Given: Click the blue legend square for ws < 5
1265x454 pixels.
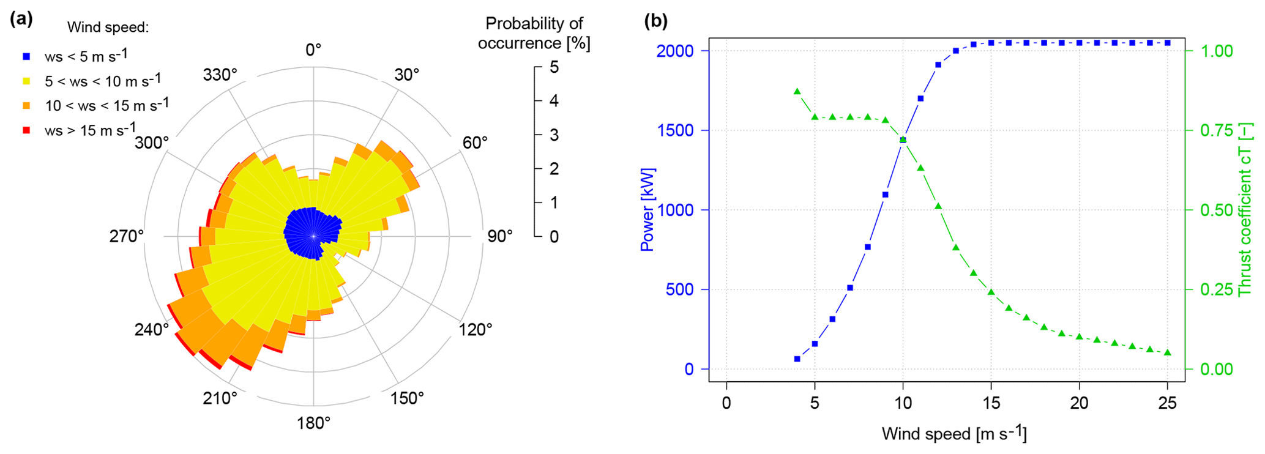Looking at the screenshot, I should coord(26,57).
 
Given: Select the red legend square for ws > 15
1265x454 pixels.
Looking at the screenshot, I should coord(26,130).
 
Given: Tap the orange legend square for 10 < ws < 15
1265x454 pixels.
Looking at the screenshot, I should coord(26,106).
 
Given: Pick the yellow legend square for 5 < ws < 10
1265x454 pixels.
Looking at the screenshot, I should coord(26,81).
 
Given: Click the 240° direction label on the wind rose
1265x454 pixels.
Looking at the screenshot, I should coord(151,330).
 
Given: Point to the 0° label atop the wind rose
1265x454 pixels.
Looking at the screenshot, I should coord(313,50).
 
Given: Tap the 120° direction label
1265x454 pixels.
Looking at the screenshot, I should coord(476,330).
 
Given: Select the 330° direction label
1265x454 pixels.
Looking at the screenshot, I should coord(220,75).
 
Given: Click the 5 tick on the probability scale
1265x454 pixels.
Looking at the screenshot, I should coord(554,67).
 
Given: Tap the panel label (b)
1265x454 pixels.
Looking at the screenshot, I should coord(656,21).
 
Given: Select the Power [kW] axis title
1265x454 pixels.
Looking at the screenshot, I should coord(647,209).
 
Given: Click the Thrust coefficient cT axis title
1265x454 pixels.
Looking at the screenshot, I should coord(1245,209).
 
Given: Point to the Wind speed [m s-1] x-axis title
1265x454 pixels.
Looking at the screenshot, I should coord(954,433).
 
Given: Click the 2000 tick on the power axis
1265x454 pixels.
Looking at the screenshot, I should coord(675,51).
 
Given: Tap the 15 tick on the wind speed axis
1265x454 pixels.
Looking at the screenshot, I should coord(991,403).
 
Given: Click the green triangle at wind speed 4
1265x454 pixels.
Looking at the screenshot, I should coord(797,92).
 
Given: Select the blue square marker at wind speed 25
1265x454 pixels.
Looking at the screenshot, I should coord(1168,43).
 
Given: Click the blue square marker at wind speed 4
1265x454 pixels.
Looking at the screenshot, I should coord(797,359).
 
